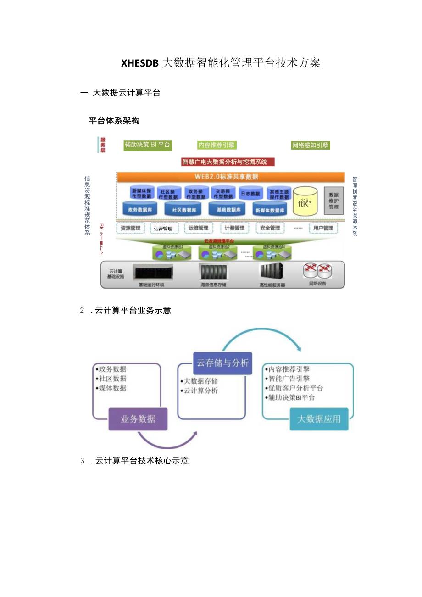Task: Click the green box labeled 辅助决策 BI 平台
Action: [147, 145]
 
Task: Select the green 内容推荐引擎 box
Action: [217, 145]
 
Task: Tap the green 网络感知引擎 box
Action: [311, 145]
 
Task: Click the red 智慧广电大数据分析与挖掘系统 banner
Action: [228, 162]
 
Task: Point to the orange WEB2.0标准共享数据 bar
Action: [230, 177]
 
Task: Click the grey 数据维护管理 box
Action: [333, 201]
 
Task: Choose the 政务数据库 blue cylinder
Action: [140, 209]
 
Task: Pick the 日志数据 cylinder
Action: [250, 193]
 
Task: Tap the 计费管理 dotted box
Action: [234, 228]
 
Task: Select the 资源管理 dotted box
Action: [131, 228]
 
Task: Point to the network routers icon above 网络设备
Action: [316, 271]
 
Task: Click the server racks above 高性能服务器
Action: [272, 272]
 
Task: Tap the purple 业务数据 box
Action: [138, 419]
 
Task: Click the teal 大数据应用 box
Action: [319, 419]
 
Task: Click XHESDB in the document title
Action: [139, 63]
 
